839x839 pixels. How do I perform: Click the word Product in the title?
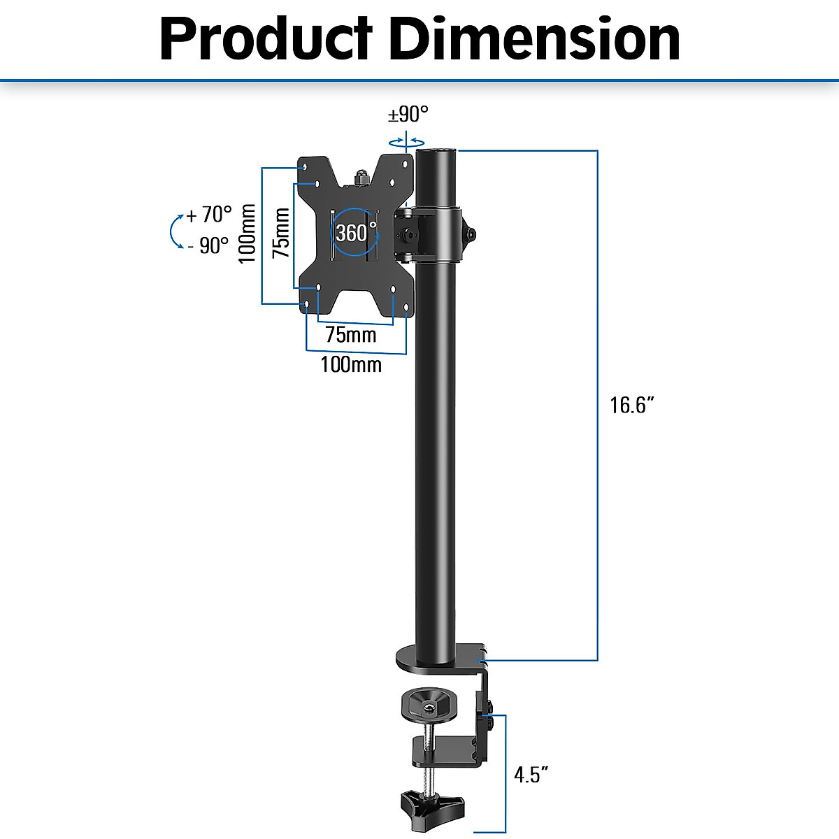[266, 39]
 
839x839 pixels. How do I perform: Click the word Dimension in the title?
[535, 39]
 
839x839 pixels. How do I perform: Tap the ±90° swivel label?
[408, 113]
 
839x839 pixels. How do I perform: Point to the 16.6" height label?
[632, 405]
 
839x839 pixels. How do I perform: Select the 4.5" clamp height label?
[531, 775]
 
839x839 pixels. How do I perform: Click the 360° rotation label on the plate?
[355, 231]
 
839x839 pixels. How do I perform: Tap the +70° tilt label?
[209, 215]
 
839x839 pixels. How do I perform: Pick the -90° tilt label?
[208, 245]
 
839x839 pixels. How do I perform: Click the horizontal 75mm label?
[350, 335]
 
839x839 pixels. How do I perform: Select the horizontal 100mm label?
[351, 364]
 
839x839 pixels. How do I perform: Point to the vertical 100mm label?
[247, 234]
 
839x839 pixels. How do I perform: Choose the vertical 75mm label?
[281, 233]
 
